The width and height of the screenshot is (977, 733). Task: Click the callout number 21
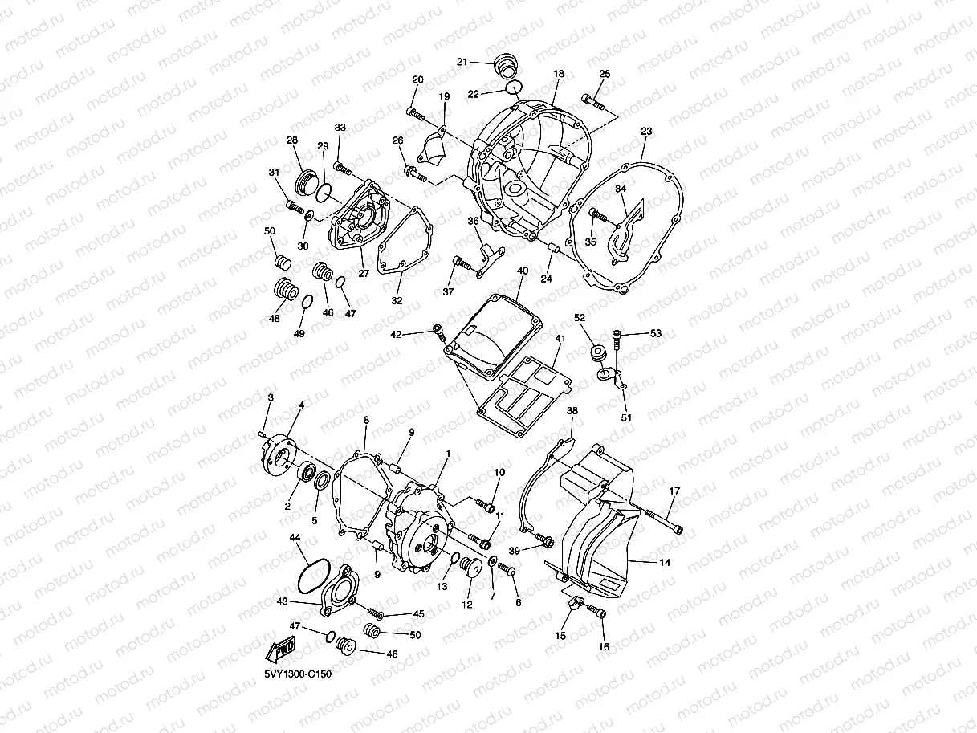(x=462, y=62)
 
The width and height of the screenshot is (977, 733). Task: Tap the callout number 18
(x=559, y=74)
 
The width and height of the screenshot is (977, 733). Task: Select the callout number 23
(x=646, y=131)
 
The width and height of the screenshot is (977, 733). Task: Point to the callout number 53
(x=656, y=332)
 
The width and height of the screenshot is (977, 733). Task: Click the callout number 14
(x=665, y=563)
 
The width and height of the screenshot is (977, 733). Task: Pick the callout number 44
(x=295, y=537)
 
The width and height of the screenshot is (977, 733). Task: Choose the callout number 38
(x=572, y=410)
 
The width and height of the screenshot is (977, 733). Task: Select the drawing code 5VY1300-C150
(x=297, y=674)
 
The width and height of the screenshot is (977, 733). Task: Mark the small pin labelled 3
(x=264, y=434)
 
